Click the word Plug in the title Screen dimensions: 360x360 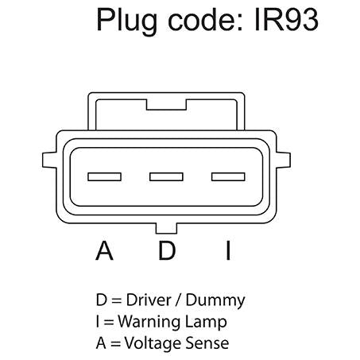click(127, 21)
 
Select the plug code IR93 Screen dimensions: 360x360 click(286, 20)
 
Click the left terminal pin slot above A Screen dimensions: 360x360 click(104, 176)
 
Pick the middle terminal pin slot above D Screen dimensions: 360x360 click(166, 176)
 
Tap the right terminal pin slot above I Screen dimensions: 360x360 click(228, 176)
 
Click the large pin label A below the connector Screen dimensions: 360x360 click(104, 250)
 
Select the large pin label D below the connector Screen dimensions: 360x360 click(167, 250)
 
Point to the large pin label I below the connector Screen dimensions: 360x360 click(228, 250)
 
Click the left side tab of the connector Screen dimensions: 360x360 click(49, 161)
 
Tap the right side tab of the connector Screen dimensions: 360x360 click(283, 161)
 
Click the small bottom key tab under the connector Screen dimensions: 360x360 click(166, 228)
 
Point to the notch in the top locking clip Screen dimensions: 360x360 click(166, 105)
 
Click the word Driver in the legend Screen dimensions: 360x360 click(149, 300)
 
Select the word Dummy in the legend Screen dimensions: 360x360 click(215, 301)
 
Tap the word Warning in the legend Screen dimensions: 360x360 click(149, 323)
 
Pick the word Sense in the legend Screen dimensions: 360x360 click(207, 343)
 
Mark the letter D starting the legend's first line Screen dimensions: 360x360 click(102, 300)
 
